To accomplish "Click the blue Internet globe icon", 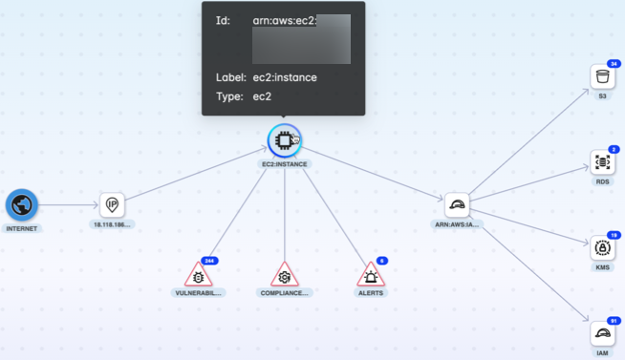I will pyautogui.click(x=21, y=205).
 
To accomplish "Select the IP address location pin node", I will pyautogui.click(x=112, y=204).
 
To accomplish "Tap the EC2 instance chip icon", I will pyautogui.click(x=284, y=141).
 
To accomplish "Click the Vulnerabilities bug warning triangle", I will pyautogui.click(x=199, y=276).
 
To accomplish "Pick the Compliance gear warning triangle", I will pyautogui.click(x=284, y=277).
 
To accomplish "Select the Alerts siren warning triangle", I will pyautogui.click(x=370, y=277).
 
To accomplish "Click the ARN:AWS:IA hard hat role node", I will pyautogui.click(x=457, y=205).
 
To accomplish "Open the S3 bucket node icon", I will pyautogui.click(x=602, y=77).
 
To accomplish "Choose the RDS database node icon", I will pyautogui.click(x=602, y=162).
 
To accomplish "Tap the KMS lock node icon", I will pyautogui.click(x=602, y=248).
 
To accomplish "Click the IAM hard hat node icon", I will pyautogui.click(x=602, y=333).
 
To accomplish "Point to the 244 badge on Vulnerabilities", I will pyautogui.click(x=210, y=261).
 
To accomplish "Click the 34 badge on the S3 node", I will pyautogui.click(x=614, y=64).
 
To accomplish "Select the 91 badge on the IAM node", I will pyautogui.click(x=614, y=320).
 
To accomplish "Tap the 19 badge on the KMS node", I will pyautogui.click(x=614, y=235).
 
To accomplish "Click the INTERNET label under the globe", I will pyautogui.click(x=21, y=229).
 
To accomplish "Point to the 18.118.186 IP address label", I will pyautogui.click(x=112, y=224).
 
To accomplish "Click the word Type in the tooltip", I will pyautogui.click(x=227, y=96).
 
